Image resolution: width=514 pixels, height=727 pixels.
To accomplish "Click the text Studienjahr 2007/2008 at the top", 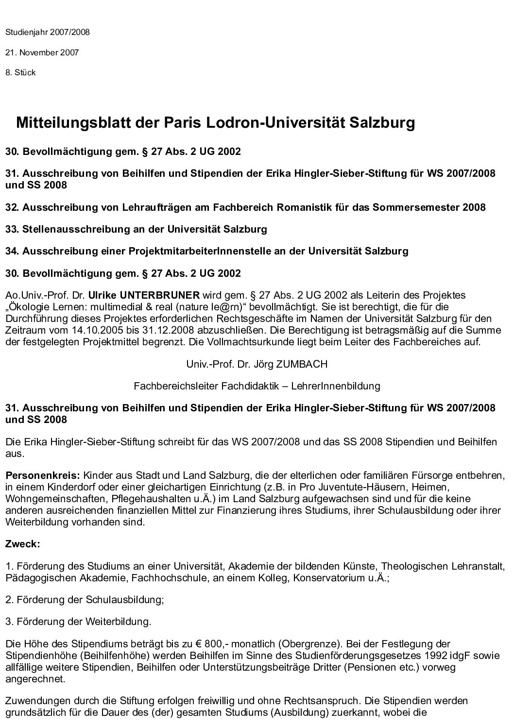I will pos(47,33).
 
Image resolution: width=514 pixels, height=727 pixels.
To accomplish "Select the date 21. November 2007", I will pos(42,52).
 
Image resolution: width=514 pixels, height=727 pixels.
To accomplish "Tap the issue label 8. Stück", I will pos(20,72).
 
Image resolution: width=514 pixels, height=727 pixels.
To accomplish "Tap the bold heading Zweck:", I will pos(22,544).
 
